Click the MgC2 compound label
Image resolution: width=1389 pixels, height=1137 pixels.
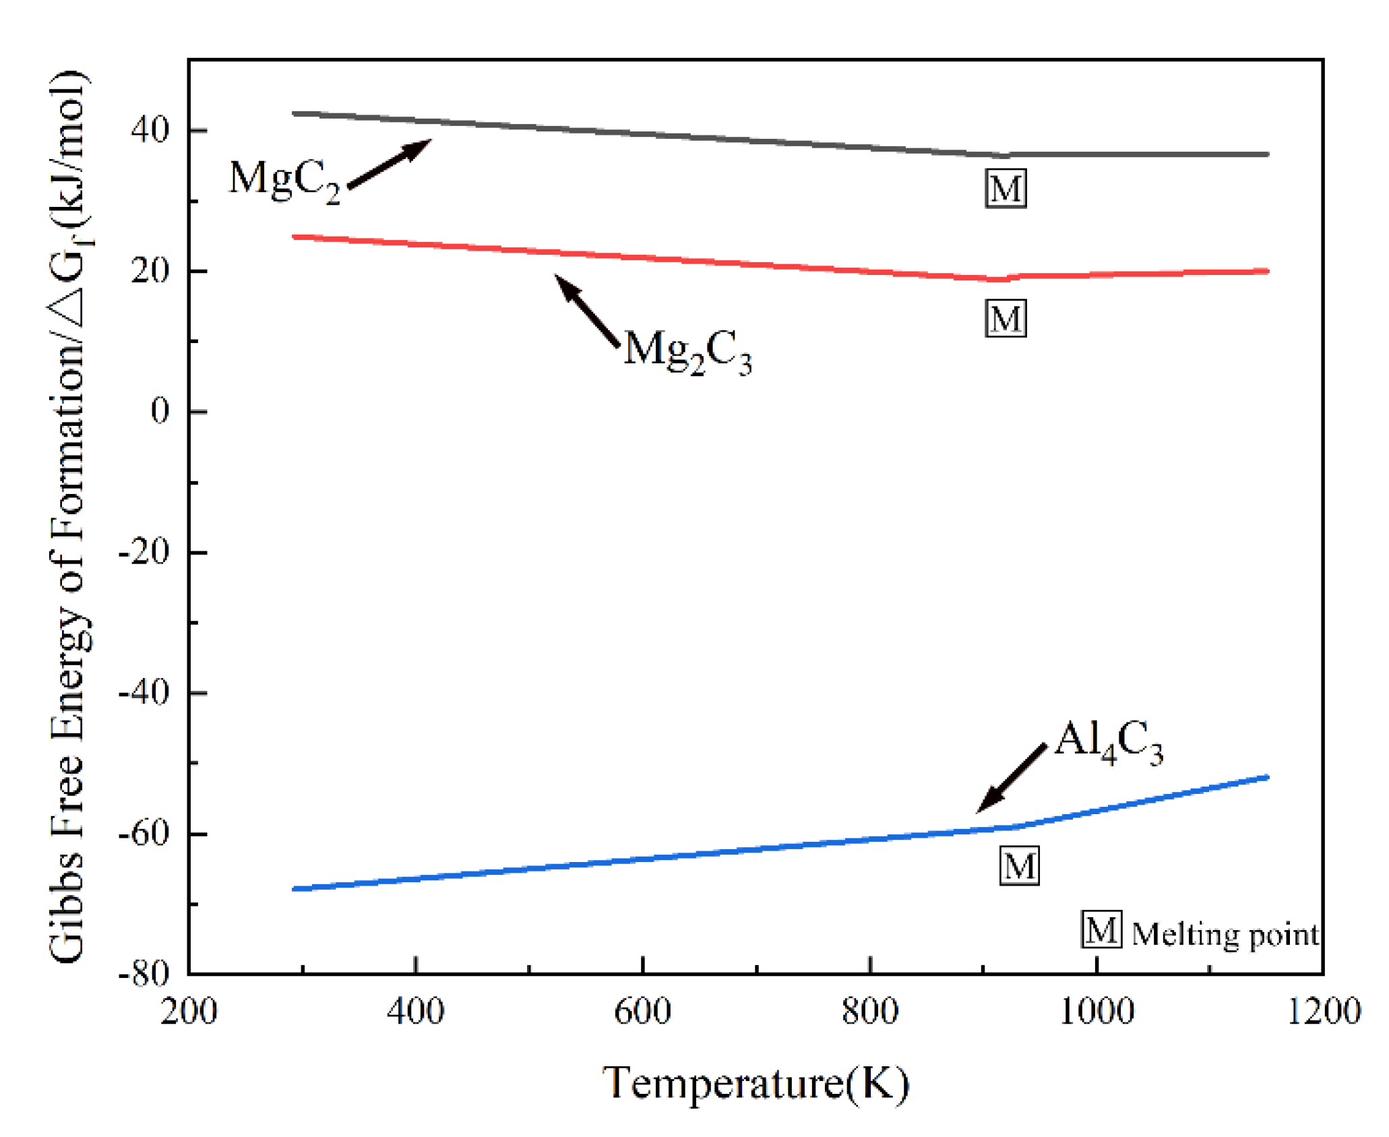[284, 180]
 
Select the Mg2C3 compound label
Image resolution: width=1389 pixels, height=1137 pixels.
[687, 351]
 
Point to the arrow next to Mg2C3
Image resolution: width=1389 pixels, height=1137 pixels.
[586, 310]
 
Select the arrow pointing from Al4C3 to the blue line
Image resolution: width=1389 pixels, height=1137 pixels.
[1012, 778]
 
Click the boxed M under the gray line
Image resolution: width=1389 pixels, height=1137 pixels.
[1006, 188]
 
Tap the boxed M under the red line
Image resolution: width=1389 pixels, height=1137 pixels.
[1006, 318]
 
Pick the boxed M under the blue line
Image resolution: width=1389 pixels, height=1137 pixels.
[1018, 865]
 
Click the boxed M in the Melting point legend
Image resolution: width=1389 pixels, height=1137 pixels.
[1101, 929]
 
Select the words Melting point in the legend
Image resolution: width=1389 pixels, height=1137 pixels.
[1225, 935]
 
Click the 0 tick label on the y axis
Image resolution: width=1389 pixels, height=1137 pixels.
[160, 410]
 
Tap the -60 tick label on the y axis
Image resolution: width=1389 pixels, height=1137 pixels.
[144, 833]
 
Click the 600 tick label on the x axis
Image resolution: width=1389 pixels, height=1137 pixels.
[642, 1012]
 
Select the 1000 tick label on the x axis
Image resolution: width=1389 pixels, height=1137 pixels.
[1097, 1012]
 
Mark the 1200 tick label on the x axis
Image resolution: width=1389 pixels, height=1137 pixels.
[1324, 1012]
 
